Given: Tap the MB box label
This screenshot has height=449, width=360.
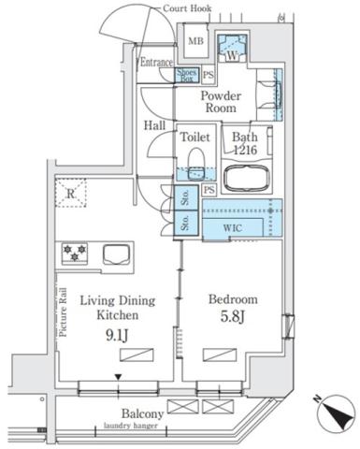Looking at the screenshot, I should (197, 41).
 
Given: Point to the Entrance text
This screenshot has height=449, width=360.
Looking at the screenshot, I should (157, 63).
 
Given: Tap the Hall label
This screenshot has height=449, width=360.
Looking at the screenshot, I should (155, 125).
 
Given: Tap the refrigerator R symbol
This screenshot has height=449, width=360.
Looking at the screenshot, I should (71, 195).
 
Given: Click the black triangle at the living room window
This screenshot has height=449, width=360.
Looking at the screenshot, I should (117, 378).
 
